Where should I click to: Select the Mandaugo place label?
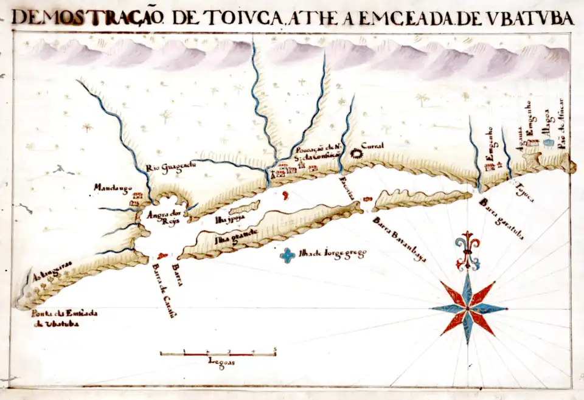pyautogui.click(x=113, y=188)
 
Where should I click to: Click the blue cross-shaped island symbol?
pyautogui.click(x=287, y=255)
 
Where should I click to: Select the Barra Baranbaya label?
pyautogui.click(x=400, y=239)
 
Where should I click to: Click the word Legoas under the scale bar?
pyautogui.click(x=221, y=362)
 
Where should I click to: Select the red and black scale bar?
pyautogui.click(x=218, y=353)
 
